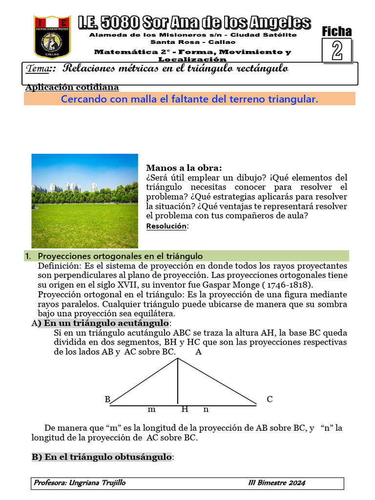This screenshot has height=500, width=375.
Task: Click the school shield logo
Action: [52, 36]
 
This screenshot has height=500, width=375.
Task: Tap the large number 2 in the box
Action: [337, 51]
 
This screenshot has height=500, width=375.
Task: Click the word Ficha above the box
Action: [336, 31]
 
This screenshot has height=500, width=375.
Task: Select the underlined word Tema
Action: [39, 69]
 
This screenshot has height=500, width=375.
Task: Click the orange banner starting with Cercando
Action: [189, 99]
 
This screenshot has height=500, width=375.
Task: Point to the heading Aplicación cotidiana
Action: [72, 87]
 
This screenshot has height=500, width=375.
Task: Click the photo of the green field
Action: [84, 201]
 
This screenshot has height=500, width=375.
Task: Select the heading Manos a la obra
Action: [184, 168]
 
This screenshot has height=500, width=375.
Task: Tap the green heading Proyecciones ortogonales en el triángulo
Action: [120, 256]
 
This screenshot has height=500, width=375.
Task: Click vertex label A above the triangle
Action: [198, 352]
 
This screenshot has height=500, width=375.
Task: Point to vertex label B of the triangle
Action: [107, 399]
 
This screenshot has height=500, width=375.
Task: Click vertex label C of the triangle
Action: [270, 399]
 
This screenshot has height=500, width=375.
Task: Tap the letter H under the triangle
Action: [185, 409]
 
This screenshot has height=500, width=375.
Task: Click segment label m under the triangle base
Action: [151, 410]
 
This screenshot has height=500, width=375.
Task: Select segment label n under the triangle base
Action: [206, 410]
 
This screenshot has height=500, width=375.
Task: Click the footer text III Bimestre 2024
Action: [276, 483]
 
